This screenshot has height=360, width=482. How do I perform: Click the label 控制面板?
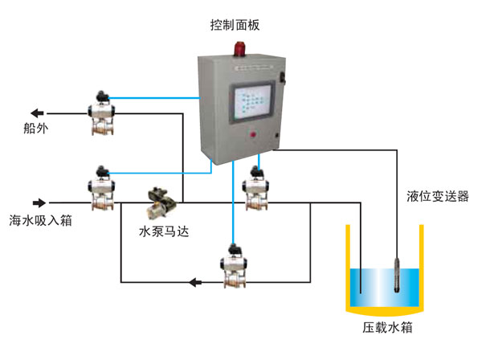(x=233, y=24)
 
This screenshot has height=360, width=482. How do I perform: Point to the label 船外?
(x=37, y=129)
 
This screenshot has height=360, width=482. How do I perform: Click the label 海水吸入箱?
(x=40, y=219)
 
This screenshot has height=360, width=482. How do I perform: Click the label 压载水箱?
(x=387, y=329)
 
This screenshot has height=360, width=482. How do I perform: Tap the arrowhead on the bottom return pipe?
(x=193, y=281)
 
